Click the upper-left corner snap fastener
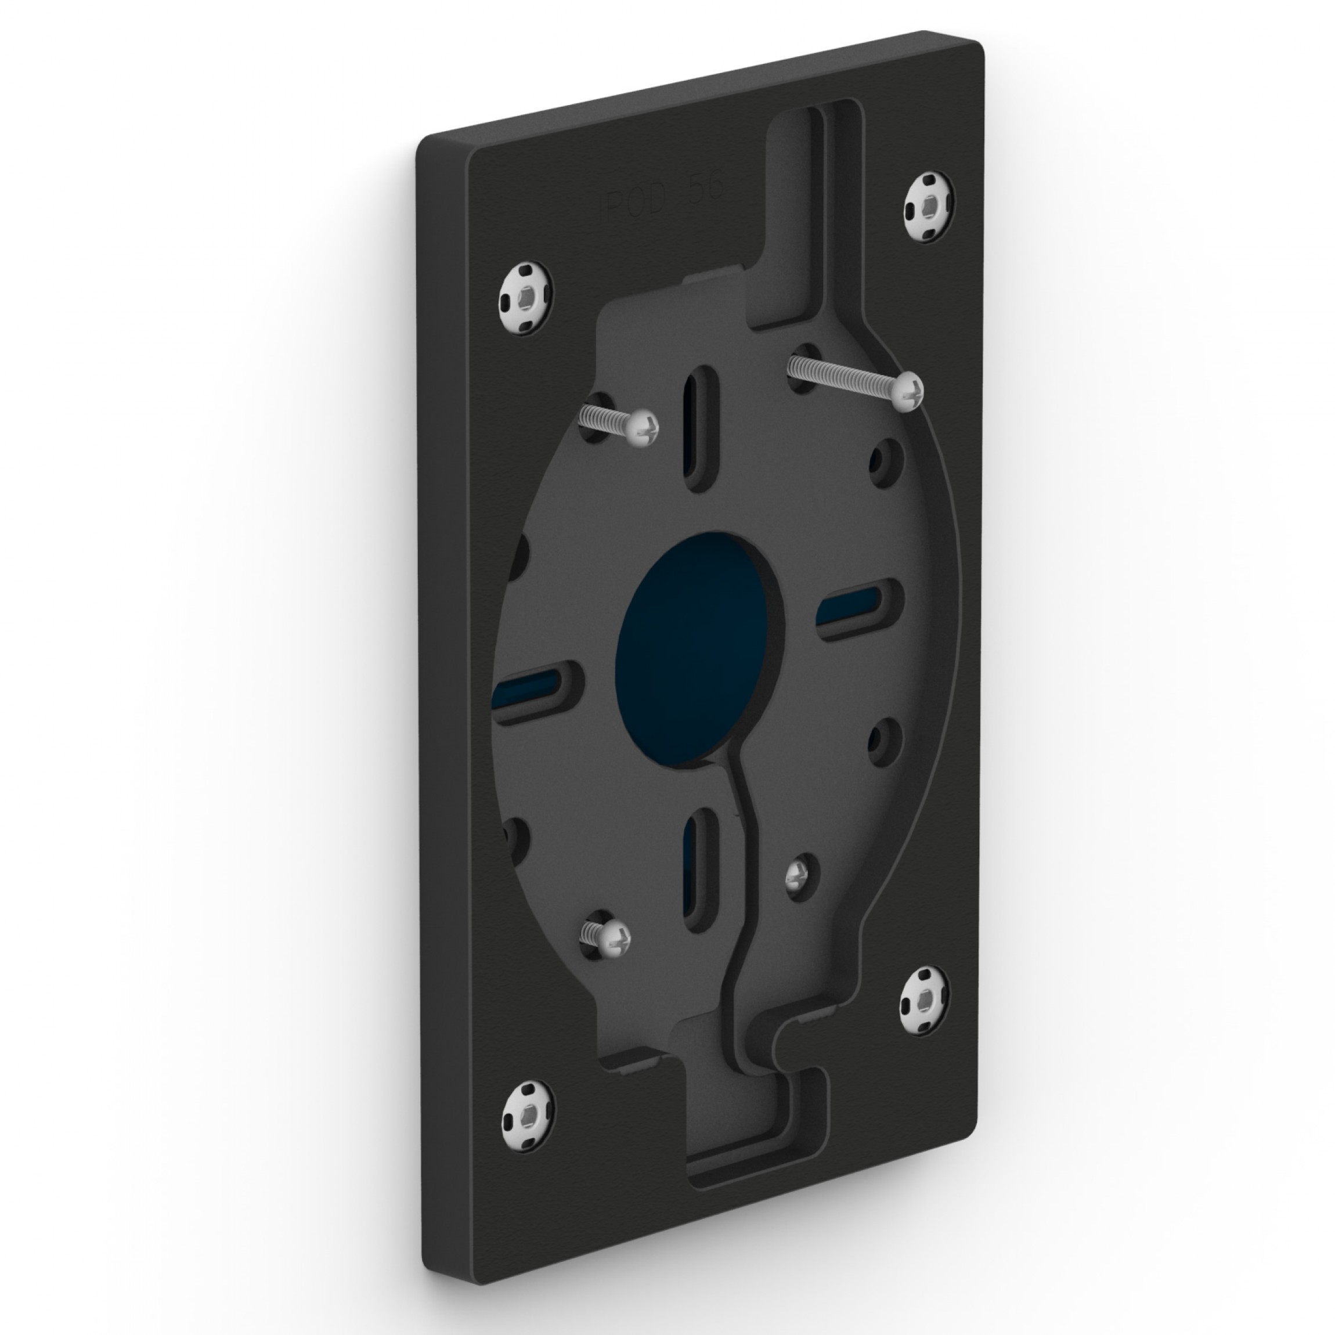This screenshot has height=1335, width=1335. pos(526,299)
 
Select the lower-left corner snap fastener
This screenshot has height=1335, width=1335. pos(527,1136)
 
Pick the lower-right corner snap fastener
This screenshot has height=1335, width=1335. pos(924,1001)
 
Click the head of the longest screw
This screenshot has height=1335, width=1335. pos(907,391)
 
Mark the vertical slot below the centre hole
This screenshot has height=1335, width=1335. pos(699,871)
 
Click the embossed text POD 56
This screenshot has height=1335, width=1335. pos(663,195)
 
